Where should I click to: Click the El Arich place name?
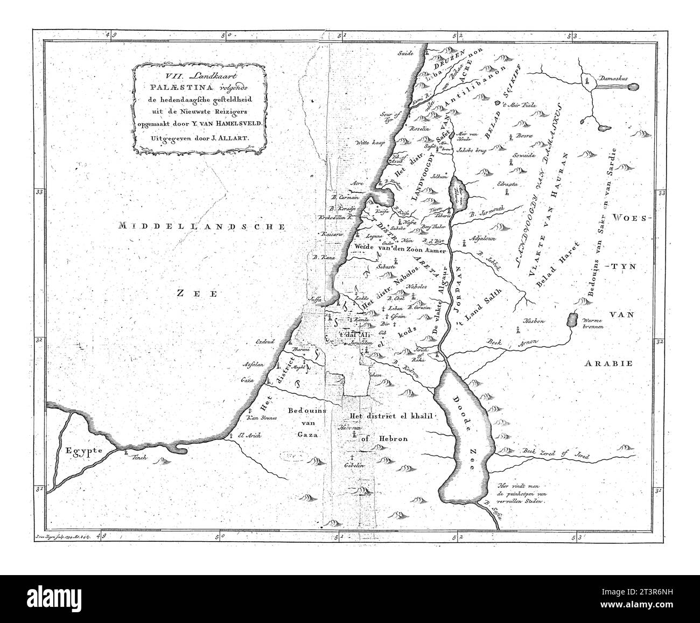(250, 436)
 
